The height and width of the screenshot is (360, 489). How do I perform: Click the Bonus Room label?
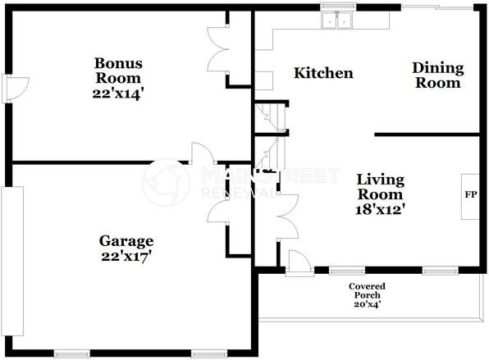tap(118, 71)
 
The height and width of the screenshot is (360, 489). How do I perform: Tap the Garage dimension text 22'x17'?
tap(126, 257)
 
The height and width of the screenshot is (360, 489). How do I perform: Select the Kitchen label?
tap(323, 73)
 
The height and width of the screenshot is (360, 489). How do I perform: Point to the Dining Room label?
tap(438, 75)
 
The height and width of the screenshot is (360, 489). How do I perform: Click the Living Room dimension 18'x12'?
tap(380, 209)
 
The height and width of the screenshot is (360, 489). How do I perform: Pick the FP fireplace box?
tap(470, 197)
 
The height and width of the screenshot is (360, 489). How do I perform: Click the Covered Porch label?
tap(367, 290)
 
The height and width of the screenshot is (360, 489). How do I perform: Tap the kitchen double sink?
tap(337, 21)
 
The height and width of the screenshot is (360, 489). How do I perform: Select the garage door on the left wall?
tap(12, 261)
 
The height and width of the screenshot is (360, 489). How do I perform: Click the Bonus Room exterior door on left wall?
tap(15, 89)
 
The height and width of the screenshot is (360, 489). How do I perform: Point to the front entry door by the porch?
tap(299, 262)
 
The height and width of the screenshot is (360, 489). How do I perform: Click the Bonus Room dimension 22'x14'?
tap(118, 93)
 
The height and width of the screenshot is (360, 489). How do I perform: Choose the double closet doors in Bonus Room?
tap(218, 50)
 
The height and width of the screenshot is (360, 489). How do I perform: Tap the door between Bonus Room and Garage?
tap(203, 153)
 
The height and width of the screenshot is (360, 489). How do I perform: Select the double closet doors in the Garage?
tap(218, 212)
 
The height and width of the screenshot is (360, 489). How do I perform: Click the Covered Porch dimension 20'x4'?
tap(367, 304)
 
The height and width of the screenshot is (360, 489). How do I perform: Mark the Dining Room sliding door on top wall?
tap(436, 7)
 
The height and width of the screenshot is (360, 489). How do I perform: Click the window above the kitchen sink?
tap(338, 7)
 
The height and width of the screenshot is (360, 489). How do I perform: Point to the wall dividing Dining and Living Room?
tap(427, 134)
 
